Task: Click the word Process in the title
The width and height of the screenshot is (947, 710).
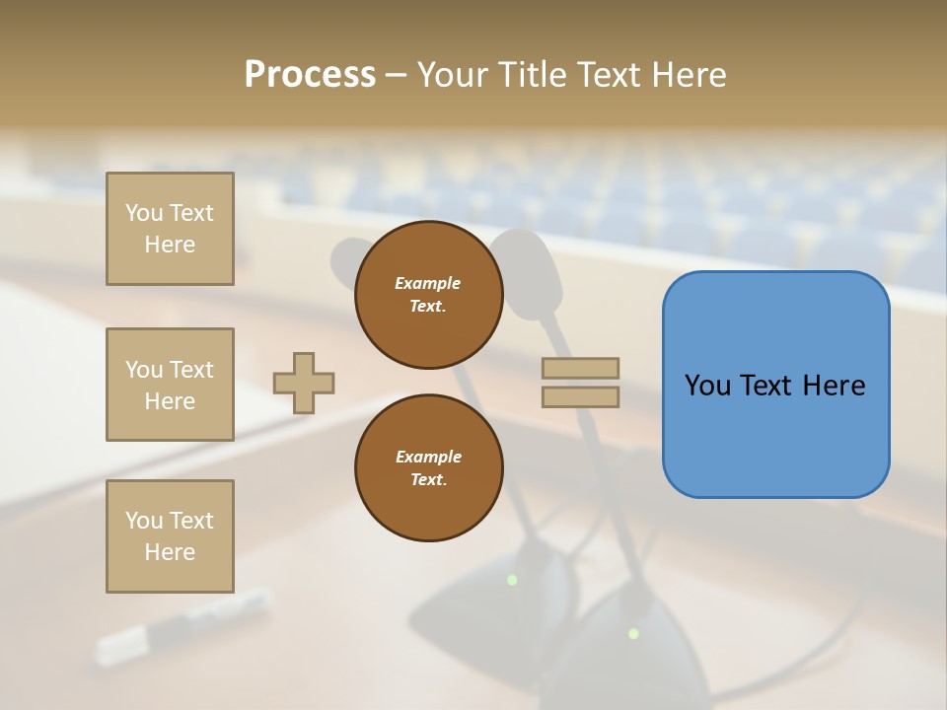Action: tap(310, 74)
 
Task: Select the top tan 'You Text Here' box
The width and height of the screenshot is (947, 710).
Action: tap(170, 229)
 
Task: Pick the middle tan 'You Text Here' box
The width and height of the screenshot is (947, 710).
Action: tap(170, 385)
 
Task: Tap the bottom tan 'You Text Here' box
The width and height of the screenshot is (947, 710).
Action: tap(170, 536)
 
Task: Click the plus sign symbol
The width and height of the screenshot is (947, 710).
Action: tap(304, 383)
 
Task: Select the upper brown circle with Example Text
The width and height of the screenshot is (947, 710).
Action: tap(428, 295)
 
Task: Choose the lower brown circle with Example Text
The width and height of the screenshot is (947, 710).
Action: tap(428, 468)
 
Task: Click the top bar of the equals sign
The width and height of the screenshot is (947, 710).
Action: tap(580, 368)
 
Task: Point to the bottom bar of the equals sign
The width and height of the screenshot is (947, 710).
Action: tap(580, 396)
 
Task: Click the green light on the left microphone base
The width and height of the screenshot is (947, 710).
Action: tap(512, 580)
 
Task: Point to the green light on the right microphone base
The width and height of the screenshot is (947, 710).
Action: tap(633, 633)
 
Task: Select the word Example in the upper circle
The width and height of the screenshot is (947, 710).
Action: tap(428, 283)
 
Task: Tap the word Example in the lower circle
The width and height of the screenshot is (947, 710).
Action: tap(428, 457)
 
